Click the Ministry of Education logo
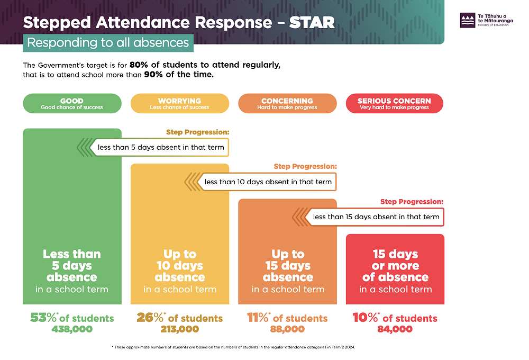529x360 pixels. (468, 21)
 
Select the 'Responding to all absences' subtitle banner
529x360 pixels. (108, 42)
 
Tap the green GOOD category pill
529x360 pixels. (72, 104)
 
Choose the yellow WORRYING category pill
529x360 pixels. (179, 104)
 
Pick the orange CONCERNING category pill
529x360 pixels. (287, 104)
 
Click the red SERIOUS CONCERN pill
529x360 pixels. (394, 104)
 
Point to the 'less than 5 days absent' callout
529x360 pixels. (160, 147)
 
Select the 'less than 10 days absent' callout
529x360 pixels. (268, 182)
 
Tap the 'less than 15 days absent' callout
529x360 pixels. (376, 217)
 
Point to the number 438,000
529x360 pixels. (72, 329)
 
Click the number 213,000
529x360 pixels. (179, 329)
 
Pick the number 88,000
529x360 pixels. (287, 329)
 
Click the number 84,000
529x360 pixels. (395, 329)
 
